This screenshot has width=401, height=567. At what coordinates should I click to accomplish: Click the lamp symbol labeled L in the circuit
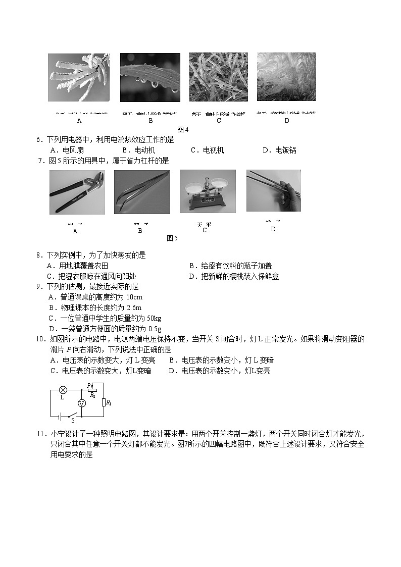(63, 390)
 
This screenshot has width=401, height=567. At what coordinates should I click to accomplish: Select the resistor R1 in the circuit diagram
(104, 402)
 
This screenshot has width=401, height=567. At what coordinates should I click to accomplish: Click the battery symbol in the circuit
(60, 416)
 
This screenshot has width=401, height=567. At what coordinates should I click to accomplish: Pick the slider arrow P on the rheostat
(89, 386)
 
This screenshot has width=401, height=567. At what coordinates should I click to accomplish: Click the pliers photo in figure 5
(77, 192)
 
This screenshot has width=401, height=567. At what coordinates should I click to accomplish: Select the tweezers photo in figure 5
(142, 192)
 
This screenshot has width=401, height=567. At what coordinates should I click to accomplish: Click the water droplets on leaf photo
(150, 77)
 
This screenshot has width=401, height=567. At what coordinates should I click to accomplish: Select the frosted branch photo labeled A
(79, 77)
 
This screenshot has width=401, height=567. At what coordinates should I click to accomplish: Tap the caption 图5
(172, 238)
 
